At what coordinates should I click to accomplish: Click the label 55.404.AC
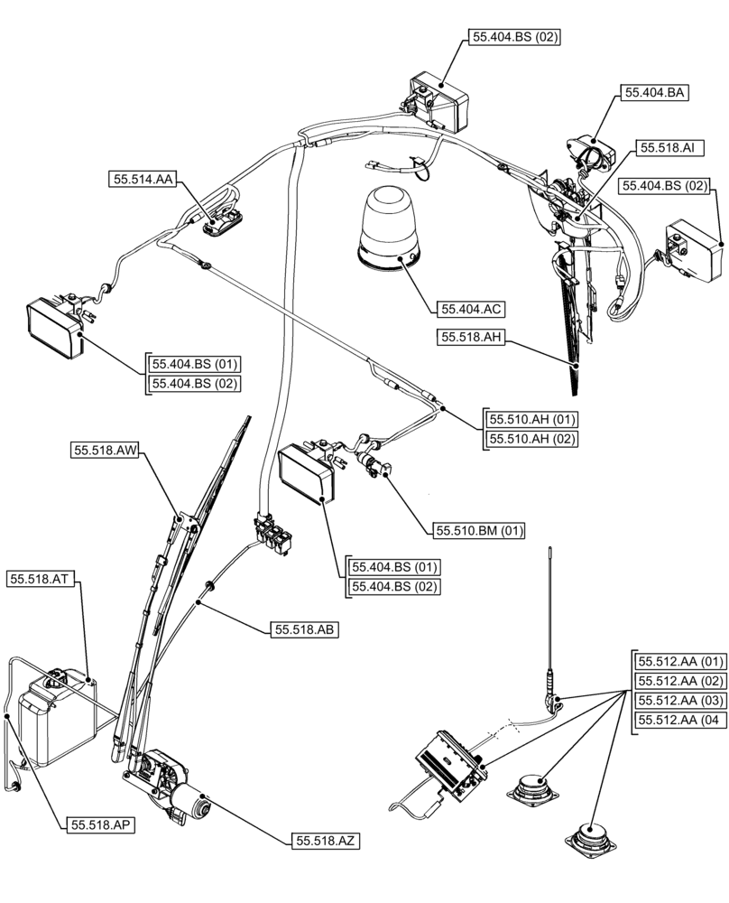coord(470,309)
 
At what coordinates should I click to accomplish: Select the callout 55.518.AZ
coord(327,841)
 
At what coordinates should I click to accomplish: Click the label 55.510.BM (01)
coord(479,531)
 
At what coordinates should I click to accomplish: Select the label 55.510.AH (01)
coord(532,420)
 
